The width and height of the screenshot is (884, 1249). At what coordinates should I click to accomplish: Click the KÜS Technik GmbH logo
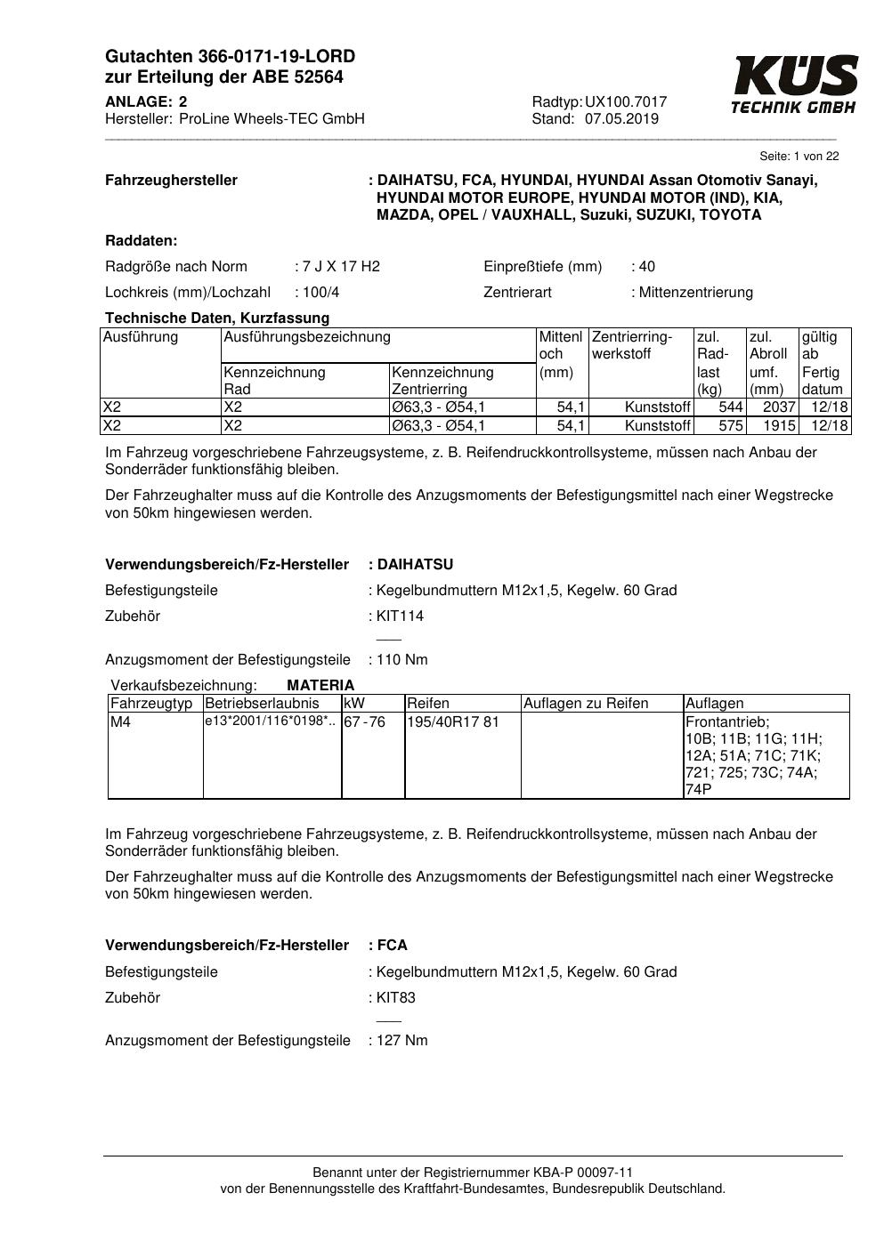(794, 85)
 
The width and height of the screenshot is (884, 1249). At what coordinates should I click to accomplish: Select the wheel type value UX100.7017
(626, 102)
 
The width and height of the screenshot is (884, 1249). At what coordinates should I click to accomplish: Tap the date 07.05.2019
(621, 119)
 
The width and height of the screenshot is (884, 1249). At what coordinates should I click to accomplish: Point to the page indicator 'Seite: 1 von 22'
(799, 157)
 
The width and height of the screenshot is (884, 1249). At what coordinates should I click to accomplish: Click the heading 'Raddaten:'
(142, 241)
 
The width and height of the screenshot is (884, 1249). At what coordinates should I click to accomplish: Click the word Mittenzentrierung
(695, 293)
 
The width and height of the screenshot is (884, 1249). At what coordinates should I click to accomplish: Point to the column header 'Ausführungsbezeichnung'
(307, 337)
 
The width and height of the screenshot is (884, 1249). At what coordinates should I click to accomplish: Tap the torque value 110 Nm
(401, 660)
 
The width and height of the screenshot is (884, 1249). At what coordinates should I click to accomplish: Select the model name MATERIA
(320, 686)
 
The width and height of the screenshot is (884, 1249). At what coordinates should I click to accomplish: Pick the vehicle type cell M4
(120, 722)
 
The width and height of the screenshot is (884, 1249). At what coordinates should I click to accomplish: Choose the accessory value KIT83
(396, 998)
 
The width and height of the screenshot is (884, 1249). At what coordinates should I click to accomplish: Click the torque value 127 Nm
(401, 1041)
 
